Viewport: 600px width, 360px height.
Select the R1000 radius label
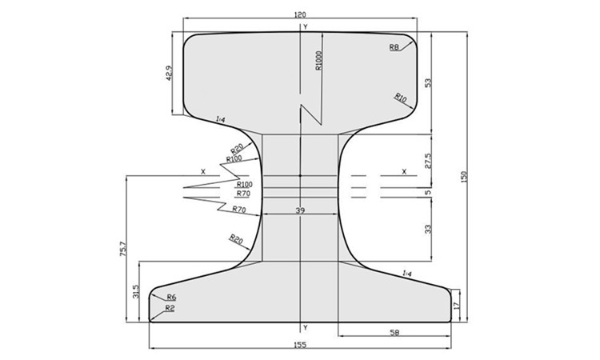318,61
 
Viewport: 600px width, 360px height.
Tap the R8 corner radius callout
394,48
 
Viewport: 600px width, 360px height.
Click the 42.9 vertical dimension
169,74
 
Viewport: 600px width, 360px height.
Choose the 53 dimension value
428,83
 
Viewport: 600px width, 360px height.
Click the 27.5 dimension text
428,160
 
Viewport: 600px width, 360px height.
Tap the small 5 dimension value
428,192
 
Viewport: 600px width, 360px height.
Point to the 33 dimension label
428,229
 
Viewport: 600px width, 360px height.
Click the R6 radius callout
171,298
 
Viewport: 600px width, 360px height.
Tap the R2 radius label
170,308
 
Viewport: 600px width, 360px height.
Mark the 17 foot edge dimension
457,305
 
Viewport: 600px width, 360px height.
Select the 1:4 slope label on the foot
407,274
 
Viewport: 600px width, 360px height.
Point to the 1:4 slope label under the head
221,119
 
